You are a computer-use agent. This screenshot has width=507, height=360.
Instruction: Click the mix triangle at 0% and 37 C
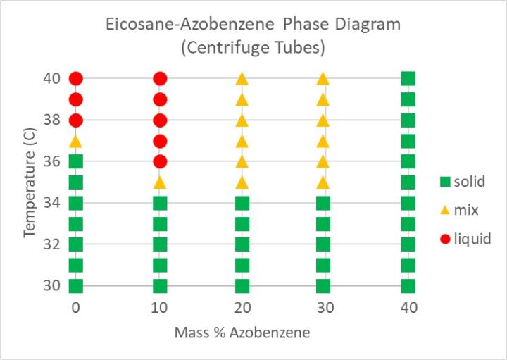point(76,141)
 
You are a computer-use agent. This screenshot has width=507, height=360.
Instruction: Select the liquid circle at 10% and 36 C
point(160,161)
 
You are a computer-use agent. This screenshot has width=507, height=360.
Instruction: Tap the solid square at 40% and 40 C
point(408,79)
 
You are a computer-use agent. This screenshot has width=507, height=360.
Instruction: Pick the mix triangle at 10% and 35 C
point(160,182)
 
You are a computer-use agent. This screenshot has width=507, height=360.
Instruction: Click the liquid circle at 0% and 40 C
point(76,79)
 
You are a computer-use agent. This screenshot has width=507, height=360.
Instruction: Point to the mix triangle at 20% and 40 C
point(242,79)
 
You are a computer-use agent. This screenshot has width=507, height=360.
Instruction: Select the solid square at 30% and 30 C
point(323,286)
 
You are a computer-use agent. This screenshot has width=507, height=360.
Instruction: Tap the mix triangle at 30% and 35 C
point(323,182)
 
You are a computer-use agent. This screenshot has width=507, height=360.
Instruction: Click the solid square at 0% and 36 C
point(76,161)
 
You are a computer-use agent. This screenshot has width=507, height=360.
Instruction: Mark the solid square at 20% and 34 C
point(242,204)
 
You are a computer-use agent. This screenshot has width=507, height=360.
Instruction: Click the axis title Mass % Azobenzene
point(242,332)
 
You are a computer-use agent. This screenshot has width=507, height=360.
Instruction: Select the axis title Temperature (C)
point(30,182)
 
